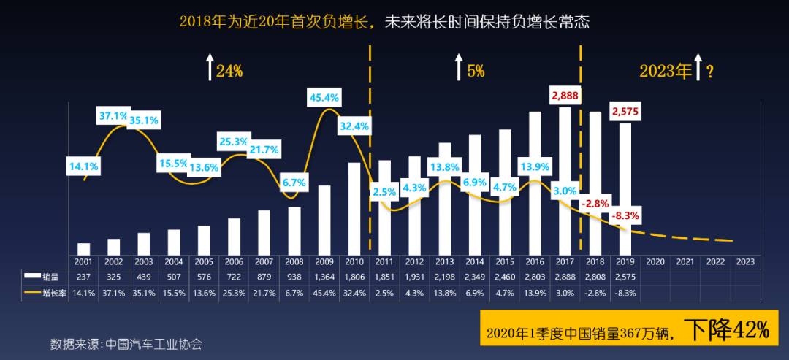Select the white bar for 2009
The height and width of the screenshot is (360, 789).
pos(324,219)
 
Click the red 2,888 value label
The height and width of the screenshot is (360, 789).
pos(565,96)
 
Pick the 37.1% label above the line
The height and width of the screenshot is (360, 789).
pos(115,115)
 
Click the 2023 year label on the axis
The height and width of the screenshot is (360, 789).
pos(746,261)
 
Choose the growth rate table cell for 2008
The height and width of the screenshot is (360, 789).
pos(294,293)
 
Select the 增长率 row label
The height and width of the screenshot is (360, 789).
pos(56,293)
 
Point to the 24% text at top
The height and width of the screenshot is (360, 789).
pos(229,71)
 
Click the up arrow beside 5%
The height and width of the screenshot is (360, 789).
pos(458,67)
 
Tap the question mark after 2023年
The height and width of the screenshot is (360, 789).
pos(709,71)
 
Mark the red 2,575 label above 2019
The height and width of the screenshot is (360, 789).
pos(625,111)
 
